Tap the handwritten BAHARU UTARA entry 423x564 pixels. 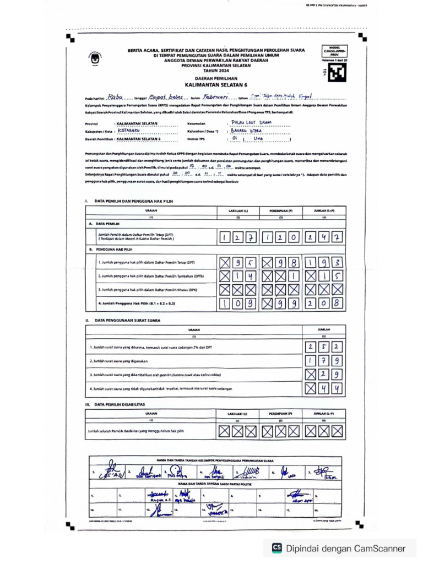point(247,131)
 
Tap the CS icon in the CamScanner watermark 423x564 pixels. point(277,548)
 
